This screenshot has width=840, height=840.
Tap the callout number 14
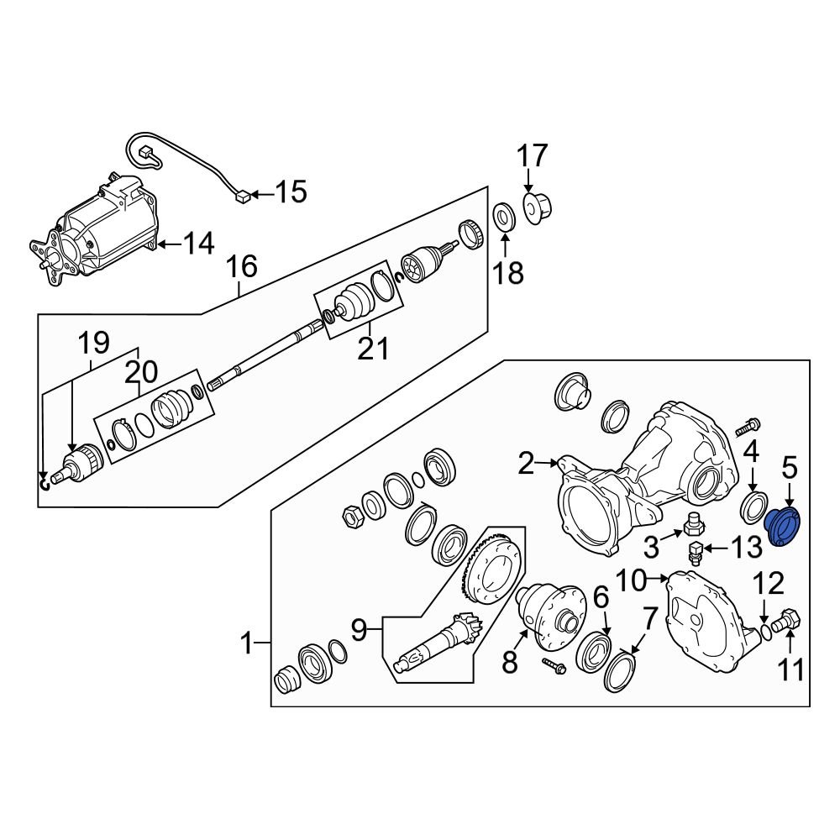pos(199,244)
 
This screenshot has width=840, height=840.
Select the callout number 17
pos(532,156)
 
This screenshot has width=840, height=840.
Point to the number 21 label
pos(372,347)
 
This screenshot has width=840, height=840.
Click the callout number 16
pos(241,268)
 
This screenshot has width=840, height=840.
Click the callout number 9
pos(360,630)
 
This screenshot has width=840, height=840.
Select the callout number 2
pos(526,463)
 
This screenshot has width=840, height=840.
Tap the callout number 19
pos(94,342)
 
